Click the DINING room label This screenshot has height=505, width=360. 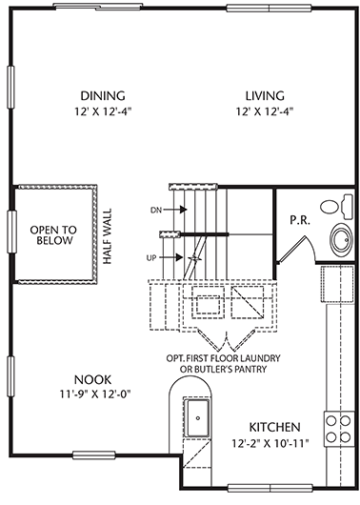[103, 96]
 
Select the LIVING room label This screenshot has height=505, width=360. [265, 96]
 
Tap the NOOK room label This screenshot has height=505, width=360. [92, 380]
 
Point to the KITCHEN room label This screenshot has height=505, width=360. [274, 427]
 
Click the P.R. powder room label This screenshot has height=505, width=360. [300, 220]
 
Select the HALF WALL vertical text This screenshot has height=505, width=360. [108, 236]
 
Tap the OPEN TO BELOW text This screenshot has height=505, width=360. [53, 235]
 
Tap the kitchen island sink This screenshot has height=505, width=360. [196, 417]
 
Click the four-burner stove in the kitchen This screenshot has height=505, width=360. [338, 429]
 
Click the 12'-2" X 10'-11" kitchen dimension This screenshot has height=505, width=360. [270, 443]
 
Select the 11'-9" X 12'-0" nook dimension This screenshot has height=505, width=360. [95, 394]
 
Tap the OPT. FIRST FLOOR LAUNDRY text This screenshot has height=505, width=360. [223, 358]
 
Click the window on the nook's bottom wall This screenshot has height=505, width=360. [94, 454]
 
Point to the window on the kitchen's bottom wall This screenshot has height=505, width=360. [270, 488]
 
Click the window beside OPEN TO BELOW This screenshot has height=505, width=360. [11, 232]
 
